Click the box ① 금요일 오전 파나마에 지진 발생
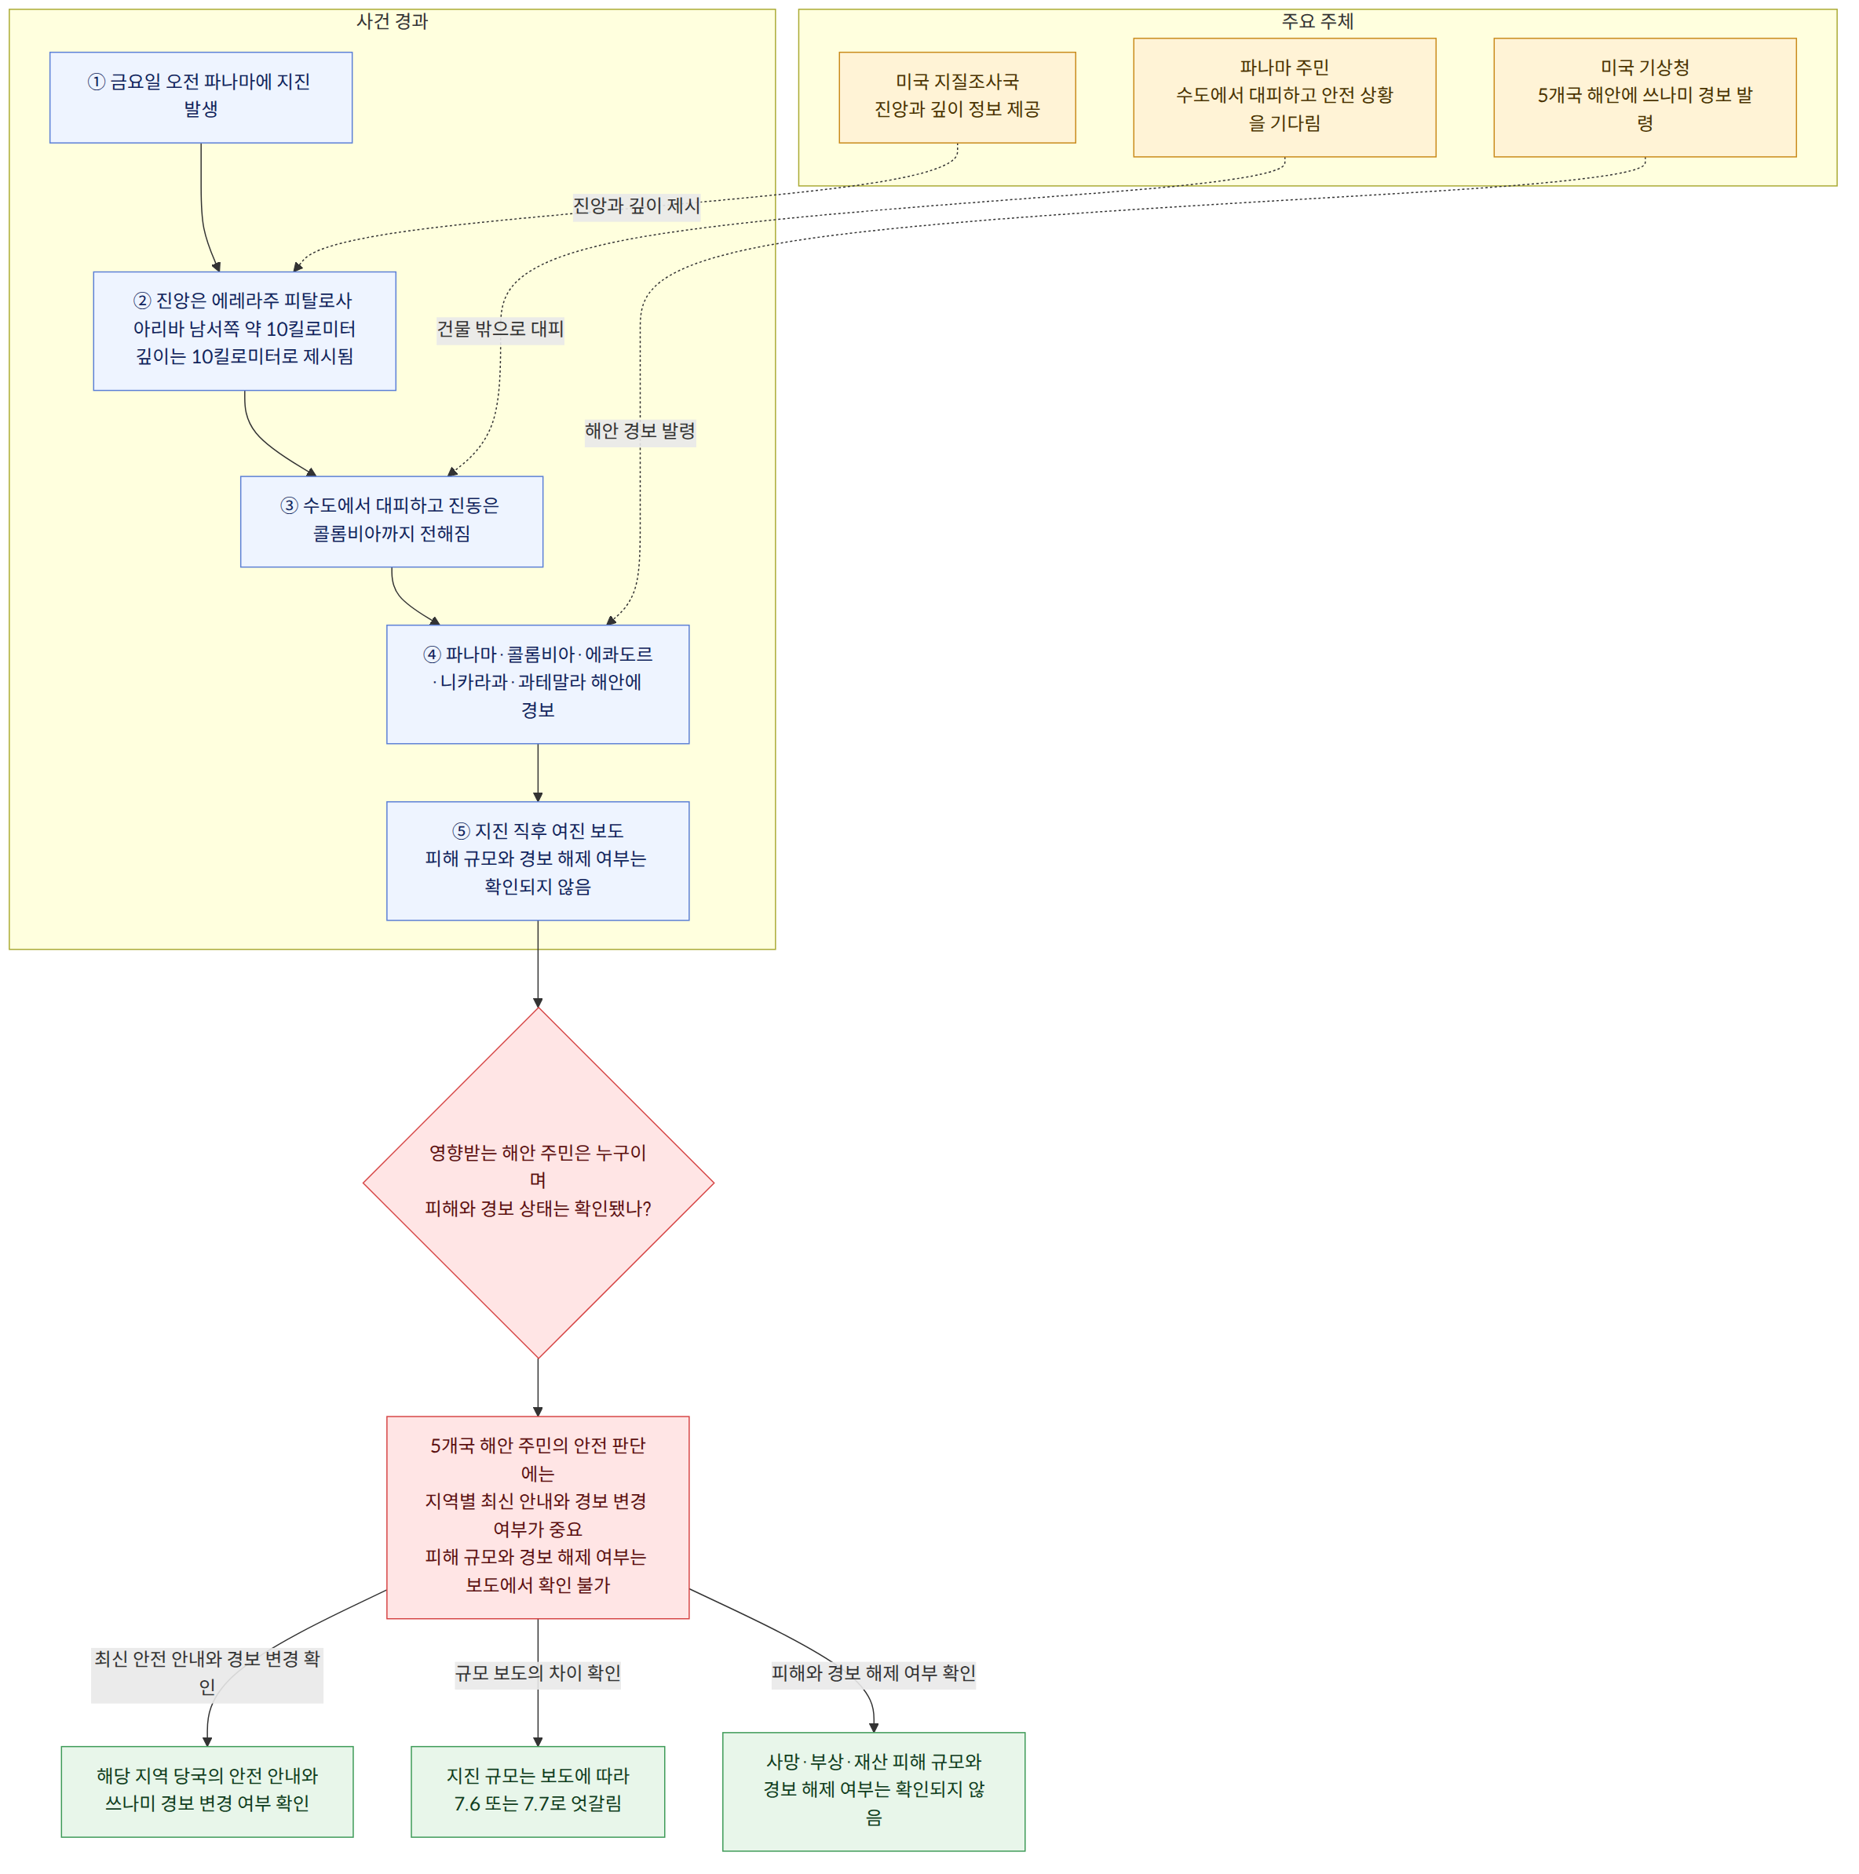[201, 97]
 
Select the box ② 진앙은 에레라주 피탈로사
[244, 330]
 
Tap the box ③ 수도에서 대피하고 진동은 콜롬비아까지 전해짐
[392, 521]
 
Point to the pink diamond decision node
[539, 1183]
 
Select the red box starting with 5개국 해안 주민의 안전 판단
[538, 1517]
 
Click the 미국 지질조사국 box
[957, 97]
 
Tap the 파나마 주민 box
[1284, 97]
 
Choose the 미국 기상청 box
[1645, 97]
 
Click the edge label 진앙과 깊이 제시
[637, 206]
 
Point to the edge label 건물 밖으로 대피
[501, 329]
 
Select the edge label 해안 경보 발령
[641, 431]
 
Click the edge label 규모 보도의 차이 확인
[538, 1673]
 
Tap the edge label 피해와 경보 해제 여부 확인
[873, 1673]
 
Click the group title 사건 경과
[392, 21]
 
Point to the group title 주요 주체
[1317, 21]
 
